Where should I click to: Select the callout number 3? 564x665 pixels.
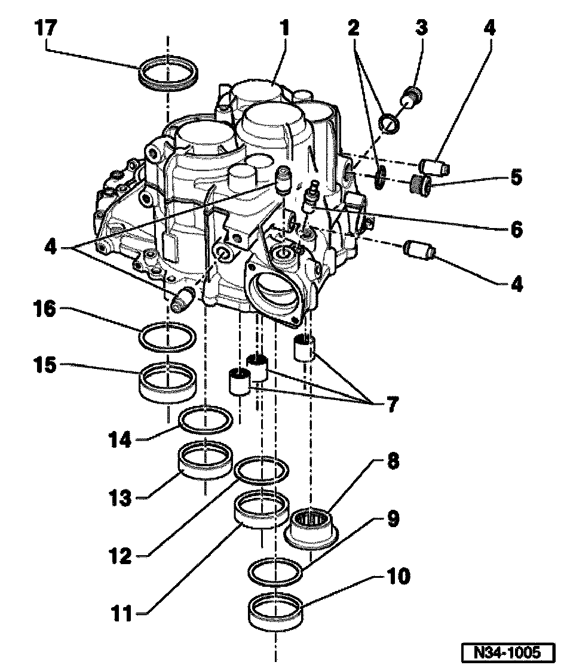[x=422, y=28]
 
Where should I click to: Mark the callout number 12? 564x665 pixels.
[x=122, y=557]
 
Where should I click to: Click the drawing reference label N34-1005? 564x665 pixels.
[x=507, y=650]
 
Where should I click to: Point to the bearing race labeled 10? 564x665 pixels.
[x=275, y=613]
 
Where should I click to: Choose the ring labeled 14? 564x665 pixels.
[x=206, y=420]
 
